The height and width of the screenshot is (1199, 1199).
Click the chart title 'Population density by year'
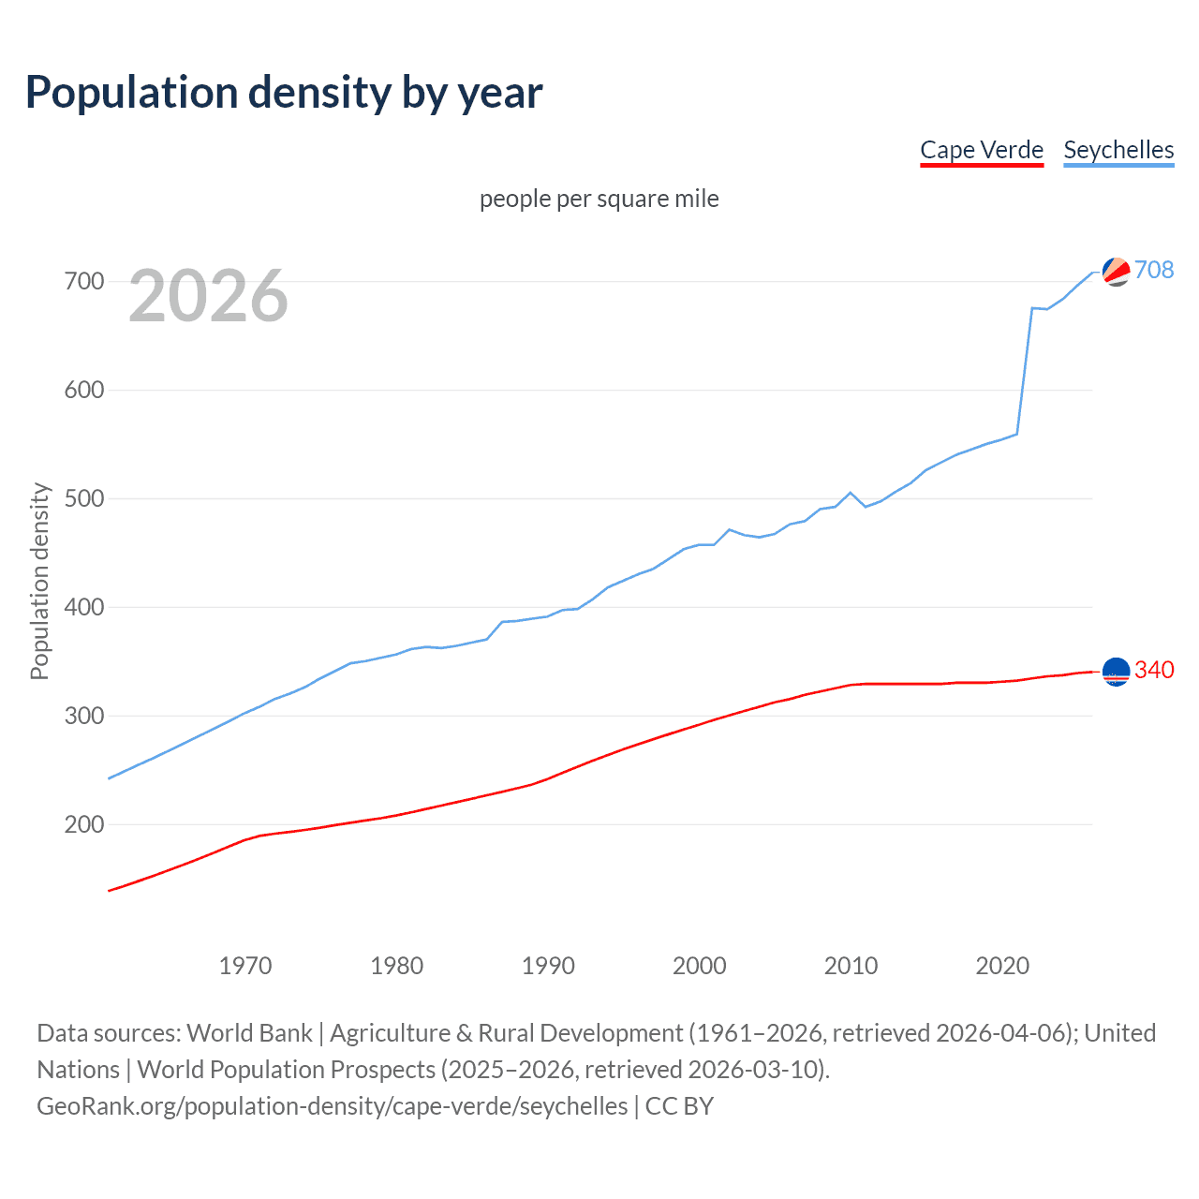[x=284, y=93]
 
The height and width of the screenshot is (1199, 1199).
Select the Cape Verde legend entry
[x=982, y=150]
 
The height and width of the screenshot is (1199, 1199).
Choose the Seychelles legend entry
[x=1118, y=150]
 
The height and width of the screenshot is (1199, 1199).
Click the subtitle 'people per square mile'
[x=599, y=199]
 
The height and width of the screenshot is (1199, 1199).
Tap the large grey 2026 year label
[x=208, y=296]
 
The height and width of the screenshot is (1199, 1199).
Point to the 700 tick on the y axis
[x=83, y=281]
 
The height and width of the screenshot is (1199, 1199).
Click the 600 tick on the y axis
[x=83, y=390]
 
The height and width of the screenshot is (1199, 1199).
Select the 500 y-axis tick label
[x=83, y=498]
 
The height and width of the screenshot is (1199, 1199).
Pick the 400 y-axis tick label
[x=83, y=607]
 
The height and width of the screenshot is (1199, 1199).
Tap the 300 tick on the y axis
[x=83, y=716]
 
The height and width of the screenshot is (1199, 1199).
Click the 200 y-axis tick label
[x=83, y=824]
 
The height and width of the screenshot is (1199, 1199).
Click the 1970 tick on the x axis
[x=245, y=966]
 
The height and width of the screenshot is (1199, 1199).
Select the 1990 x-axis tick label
[x=548, y=966]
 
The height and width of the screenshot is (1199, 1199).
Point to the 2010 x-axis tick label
[x=851, y=966]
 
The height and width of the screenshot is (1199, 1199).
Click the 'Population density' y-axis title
[x=39, y=581]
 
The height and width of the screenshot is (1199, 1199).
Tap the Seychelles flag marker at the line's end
[x=1116, y=272]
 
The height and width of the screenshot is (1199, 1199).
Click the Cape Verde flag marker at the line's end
[x=1116, y=672]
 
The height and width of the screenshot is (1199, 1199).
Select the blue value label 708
[x=1154, y=270]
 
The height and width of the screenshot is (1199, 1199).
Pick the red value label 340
[x=1154, y=670]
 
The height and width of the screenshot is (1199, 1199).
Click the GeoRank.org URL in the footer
[x=333, y=1106]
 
